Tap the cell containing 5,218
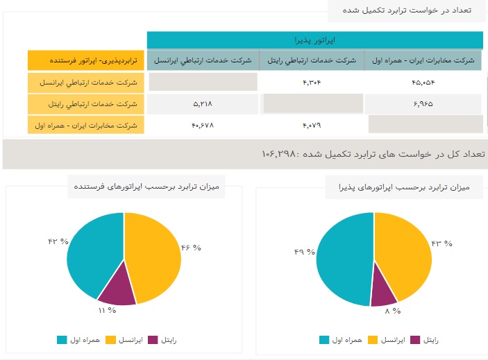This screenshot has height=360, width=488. click(203, 104)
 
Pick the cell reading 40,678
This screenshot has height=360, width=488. click(203, 125)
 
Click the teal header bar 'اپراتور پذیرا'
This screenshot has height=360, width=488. click(314, 40)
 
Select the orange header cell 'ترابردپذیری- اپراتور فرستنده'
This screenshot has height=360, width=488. click(86, 60)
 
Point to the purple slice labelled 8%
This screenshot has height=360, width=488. click(385, 294)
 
